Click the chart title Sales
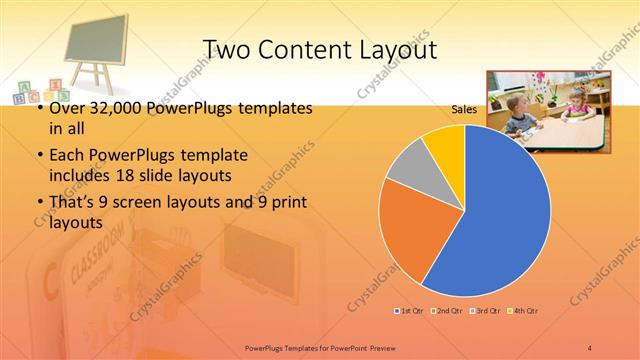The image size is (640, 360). click(463, 108)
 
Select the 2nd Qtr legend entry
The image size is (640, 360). click(445, 311)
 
